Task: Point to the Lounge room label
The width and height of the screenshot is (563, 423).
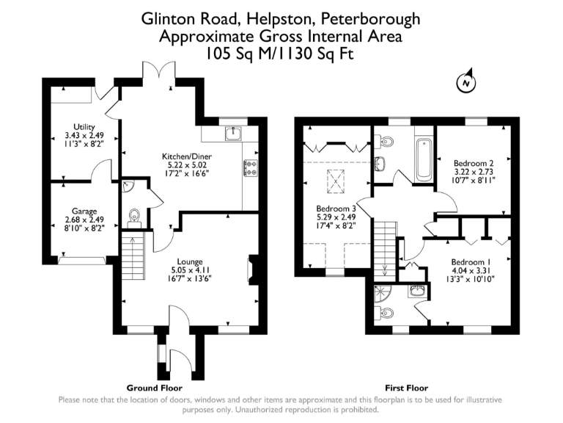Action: click(190, 261)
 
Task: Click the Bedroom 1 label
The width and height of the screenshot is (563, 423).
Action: click(471, 262)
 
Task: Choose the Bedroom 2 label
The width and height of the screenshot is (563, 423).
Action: click(473, 163)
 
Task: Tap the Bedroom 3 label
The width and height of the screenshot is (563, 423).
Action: click(335, 208)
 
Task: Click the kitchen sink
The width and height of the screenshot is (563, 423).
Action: click(232, 134)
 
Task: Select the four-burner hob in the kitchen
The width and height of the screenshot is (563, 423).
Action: click(251, 168)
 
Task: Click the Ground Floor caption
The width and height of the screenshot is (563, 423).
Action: click(155, 388)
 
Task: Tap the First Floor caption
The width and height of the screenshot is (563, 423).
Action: click(407, 388)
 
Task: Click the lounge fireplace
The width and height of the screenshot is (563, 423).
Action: click(253, 270)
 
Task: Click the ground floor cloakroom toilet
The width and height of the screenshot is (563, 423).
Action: click(134, 215)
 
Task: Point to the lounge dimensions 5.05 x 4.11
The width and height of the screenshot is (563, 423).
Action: click(190, 270)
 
